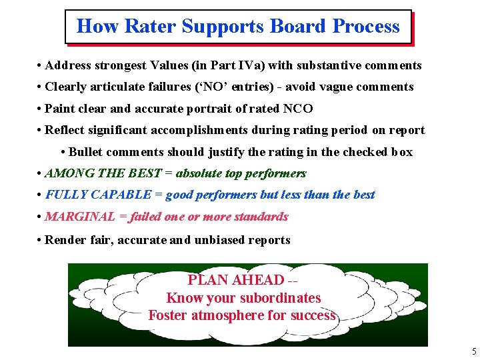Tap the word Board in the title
tap(299, 27)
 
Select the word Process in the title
tap(365, 27)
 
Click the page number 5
tap(474, 351)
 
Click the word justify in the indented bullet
tap(227, 152)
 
